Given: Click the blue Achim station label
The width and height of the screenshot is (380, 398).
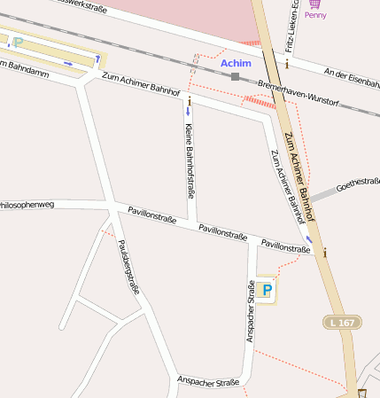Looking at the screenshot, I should pyautogui.click(x=237, y=63).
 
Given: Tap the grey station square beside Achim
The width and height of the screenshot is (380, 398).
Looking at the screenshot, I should pyautogui.click(x=235, y=77).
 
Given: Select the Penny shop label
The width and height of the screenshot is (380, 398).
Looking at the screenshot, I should pyautogui.click(x=315, y=15).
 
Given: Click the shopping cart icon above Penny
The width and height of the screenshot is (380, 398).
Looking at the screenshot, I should pyautogui.click(x=314, y=4).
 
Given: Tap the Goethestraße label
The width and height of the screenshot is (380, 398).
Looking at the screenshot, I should pyautogui.click(x=359, y=183).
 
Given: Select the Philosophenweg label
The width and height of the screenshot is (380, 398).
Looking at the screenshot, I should pyautogui.click(x=27, y=205).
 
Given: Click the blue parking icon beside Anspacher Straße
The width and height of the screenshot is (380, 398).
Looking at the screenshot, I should pyautogui.click(x=267, y=290).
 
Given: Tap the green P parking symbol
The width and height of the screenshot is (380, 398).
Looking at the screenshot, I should pyautogui.click(x=18, y=42).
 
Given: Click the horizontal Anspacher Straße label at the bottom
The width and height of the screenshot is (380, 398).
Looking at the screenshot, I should pyautogui.click(x=208, y=382).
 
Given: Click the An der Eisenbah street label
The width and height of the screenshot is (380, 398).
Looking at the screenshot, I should pyautogui.click(x=352, y=78).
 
